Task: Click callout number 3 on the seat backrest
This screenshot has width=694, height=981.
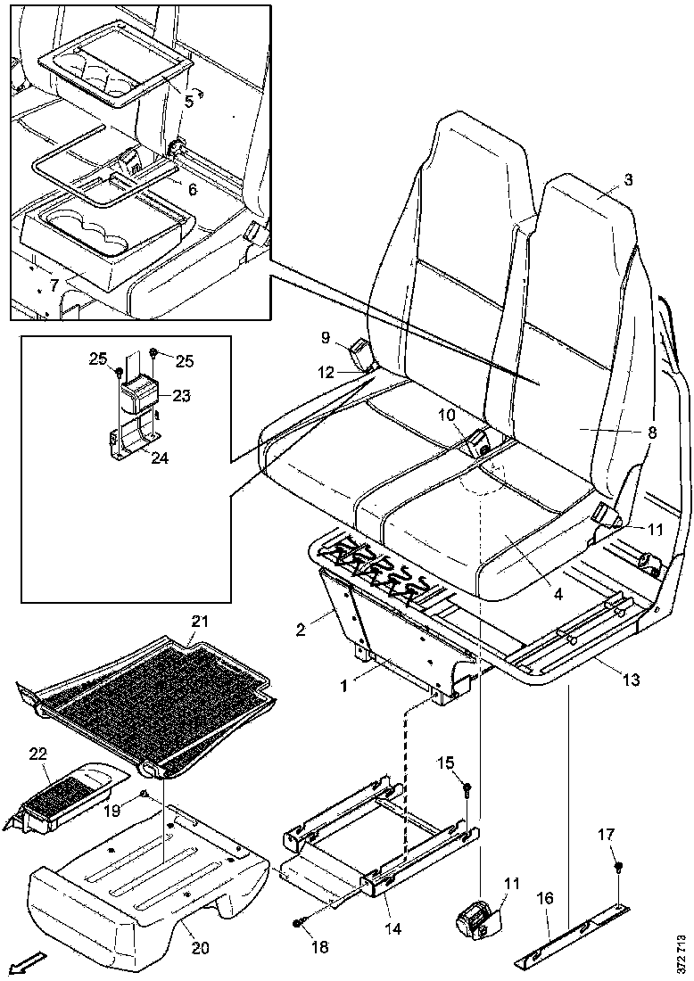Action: [628, 179]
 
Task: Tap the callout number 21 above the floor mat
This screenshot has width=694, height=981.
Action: [198, 622]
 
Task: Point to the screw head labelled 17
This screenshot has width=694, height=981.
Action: [618, 867]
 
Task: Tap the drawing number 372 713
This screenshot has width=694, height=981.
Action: [682, 952]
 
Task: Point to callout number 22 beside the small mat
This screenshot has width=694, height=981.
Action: [37, 754]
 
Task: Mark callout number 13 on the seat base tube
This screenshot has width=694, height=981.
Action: [630, 680]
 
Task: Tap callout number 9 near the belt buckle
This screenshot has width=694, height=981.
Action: [326, 337]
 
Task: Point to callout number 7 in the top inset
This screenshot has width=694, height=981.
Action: [54, 284]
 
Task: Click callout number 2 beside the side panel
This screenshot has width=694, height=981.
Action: [302, 630]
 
